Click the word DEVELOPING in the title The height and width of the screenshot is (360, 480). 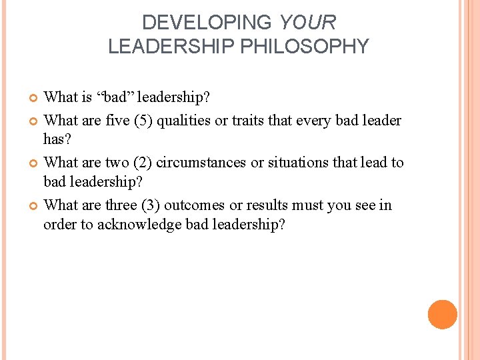[x=207, y=23]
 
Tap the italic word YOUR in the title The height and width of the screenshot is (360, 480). [x=307, y=23]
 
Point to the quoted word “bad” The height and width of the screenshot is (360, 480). [x=118, y=98]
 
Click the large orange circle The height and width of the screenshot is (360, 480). [x=443, y=315]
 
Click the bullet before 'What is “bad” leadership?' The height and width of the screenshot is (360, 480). [x=35, y=99]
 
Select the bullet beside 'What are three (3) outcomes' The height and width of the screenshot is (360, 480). [x=35, y=205]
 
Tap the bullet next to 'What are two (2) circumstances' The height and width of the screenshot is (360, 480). [x=35, y=163]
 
